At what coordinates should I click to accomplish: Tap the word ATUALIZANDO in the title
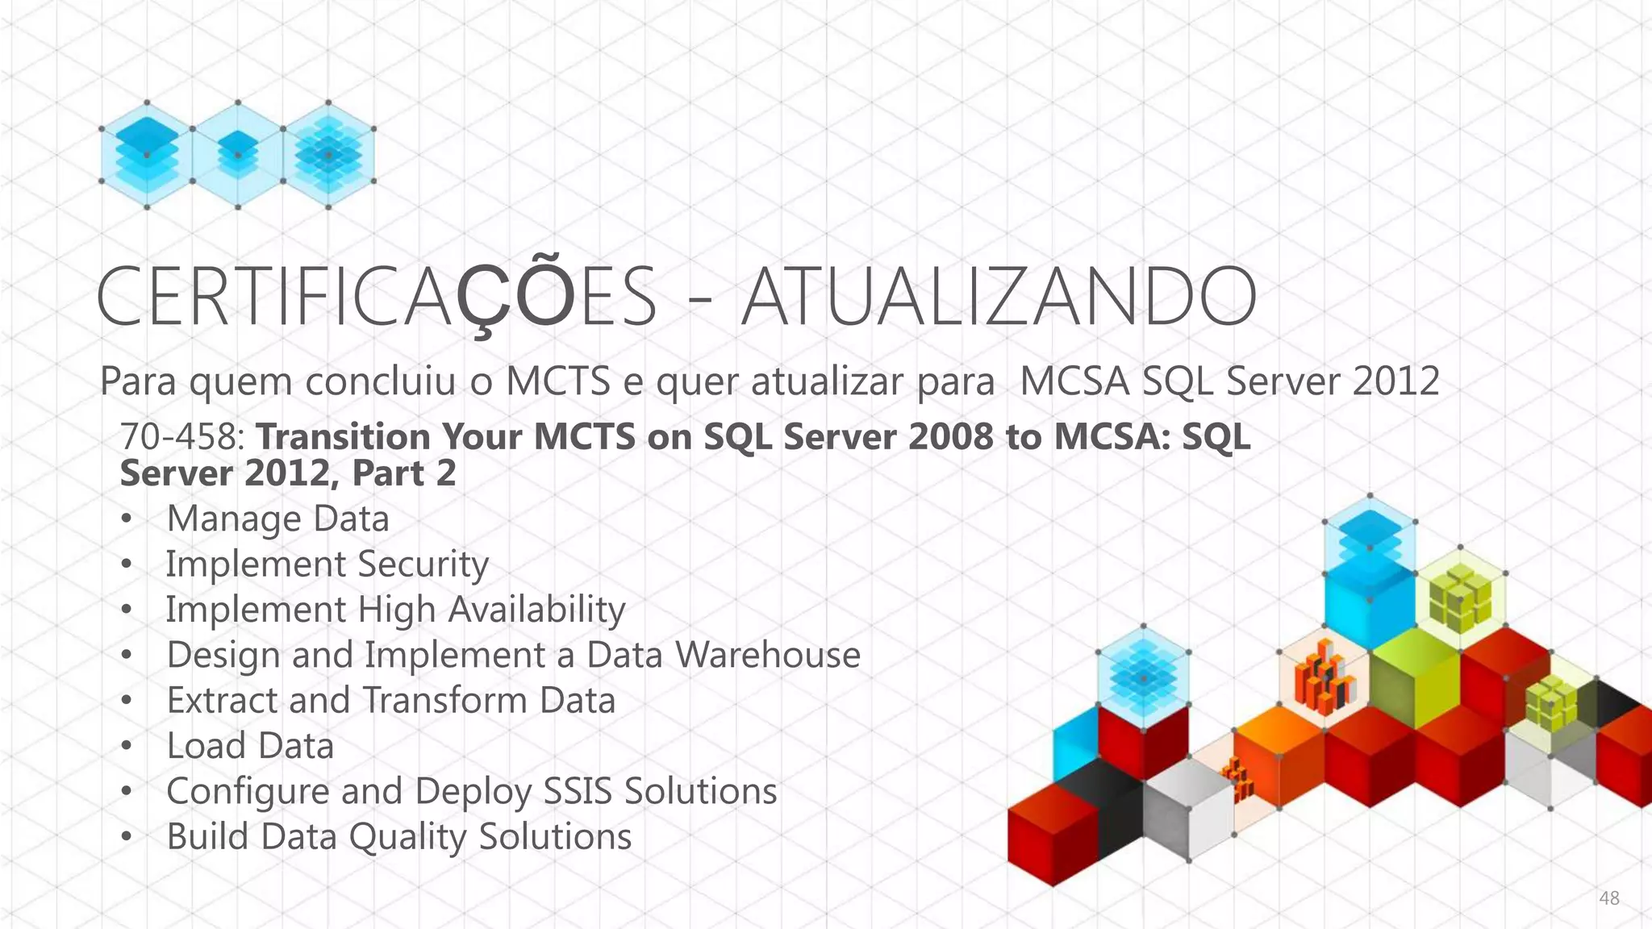point(999,297)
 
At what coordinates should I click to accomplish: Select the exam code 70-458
point(181,437)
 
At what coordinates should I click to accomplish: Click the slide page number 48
point(1608,898)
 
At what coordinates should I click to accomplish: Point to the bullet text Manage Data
point(277,519)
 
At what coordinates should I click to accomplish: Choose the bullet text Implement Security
point(327,564)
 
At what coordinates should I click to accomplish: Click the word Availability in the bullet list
point(536,610)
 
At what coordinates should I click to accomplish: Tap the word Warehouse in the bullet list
point(767,655)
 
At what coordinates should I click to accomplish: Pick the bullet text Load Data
point(250,746)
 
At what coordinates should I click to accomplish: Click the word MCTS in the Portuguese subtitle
point(557,381)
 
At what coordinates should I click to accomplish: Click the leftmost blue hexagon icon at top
point(147,155)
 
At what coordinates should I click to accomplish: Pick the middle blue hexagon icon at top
point(238,155)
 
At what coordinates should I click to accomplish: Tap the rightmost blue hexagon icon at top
point(328,155)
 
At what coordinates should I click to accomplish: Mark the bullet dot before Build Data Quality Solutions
point(126,837)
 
